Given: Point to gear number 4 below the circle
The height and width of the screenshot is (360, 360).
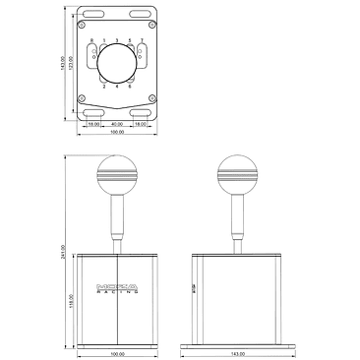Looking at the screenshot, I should click(x=117, y=87).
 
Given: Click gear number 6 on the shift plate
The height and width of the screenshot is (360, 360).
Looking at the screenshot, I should click(x=131, y=87).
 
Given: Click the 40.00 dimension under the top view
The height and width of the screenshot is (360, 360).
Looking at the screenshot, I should click(x=117, y=125).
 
